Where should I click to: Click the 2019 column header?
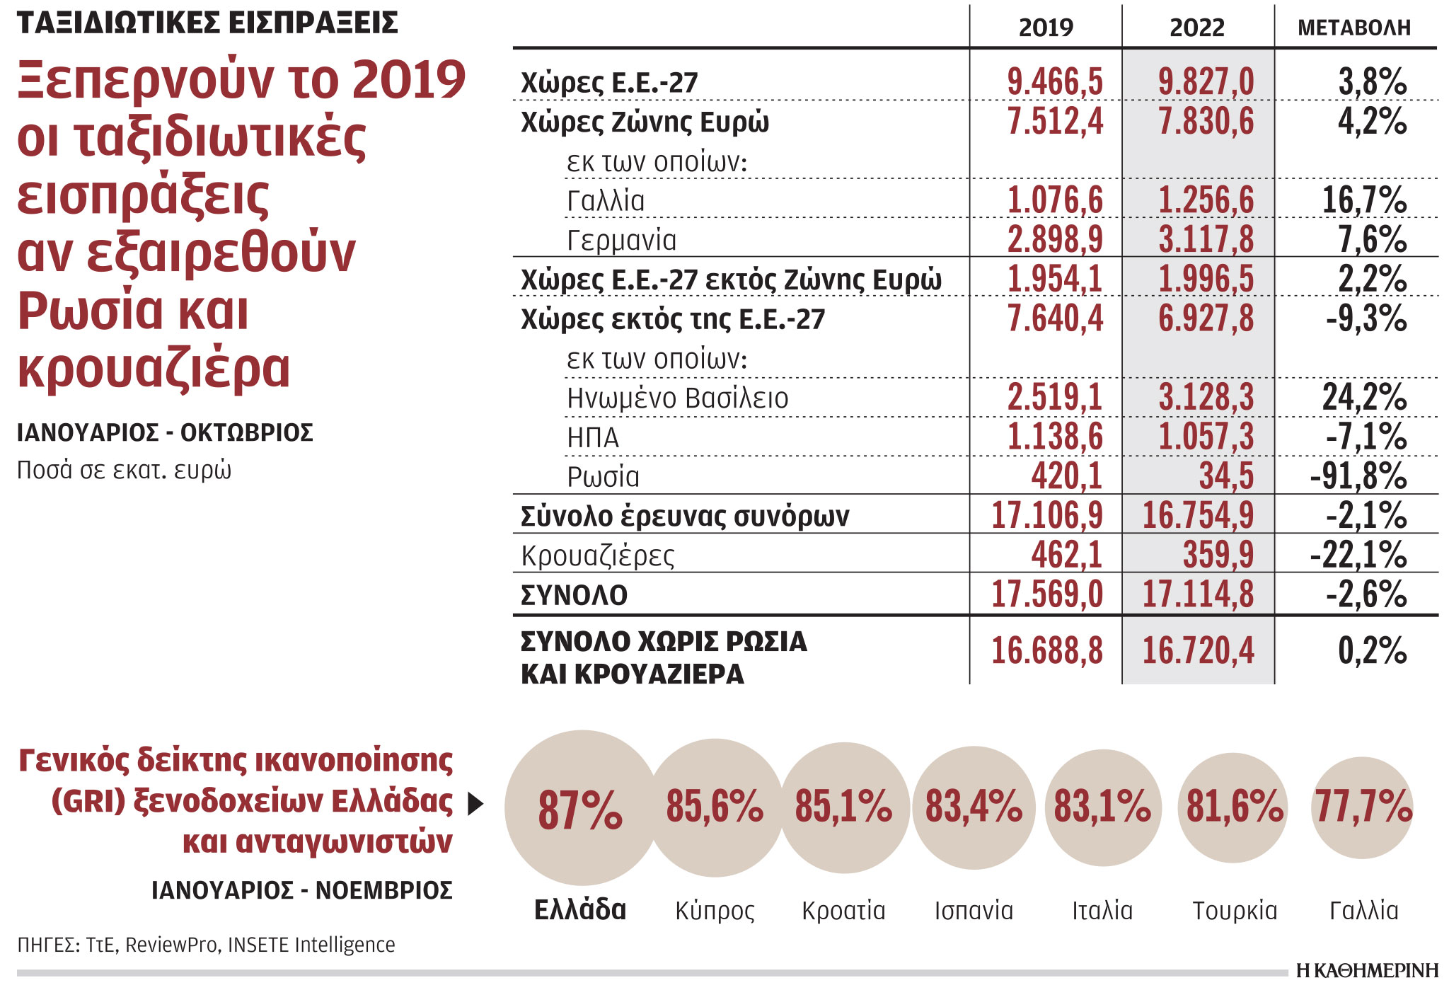[x=1045, y=28]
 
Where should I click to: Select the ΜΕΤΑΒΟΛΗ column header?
[x=1353, y=28]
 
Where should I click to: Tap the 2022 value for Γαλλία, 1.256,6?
[x=1205, y=200]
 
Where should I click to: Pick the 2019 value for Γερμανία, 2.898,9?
[x=1054, y=239]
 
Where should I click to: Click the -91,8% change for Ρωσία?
[x=1358, y=476]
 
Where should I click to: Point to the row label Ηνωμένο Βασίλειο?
[x=677, y=398]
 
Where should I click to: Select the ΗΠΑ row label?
[x=593, y=438]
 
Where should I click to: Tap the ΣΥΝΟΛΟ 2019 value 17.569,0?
[x=1046, y=594]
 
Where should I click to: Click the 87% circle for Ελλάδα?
[x=580, y=809]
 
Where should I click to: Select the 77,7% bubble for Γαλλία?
[x=1363, y=807]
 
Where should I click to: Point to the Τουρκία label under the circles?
[x=1235, y=911]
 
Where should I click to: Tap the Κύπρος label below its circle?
[x=715, y=911]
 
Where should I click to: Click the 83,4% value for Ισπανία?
[x=974, y=807]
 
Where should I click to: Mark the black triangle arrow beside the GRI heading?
[x=476, y=804]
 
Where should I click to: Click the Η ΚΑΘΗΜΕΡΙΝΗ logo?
[x=1367, y=971]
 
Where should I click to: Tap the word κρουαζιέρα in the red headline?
[x=154, y=369]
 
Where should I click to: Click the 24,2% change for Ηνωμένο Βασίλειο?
[x=1363, y=398]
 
